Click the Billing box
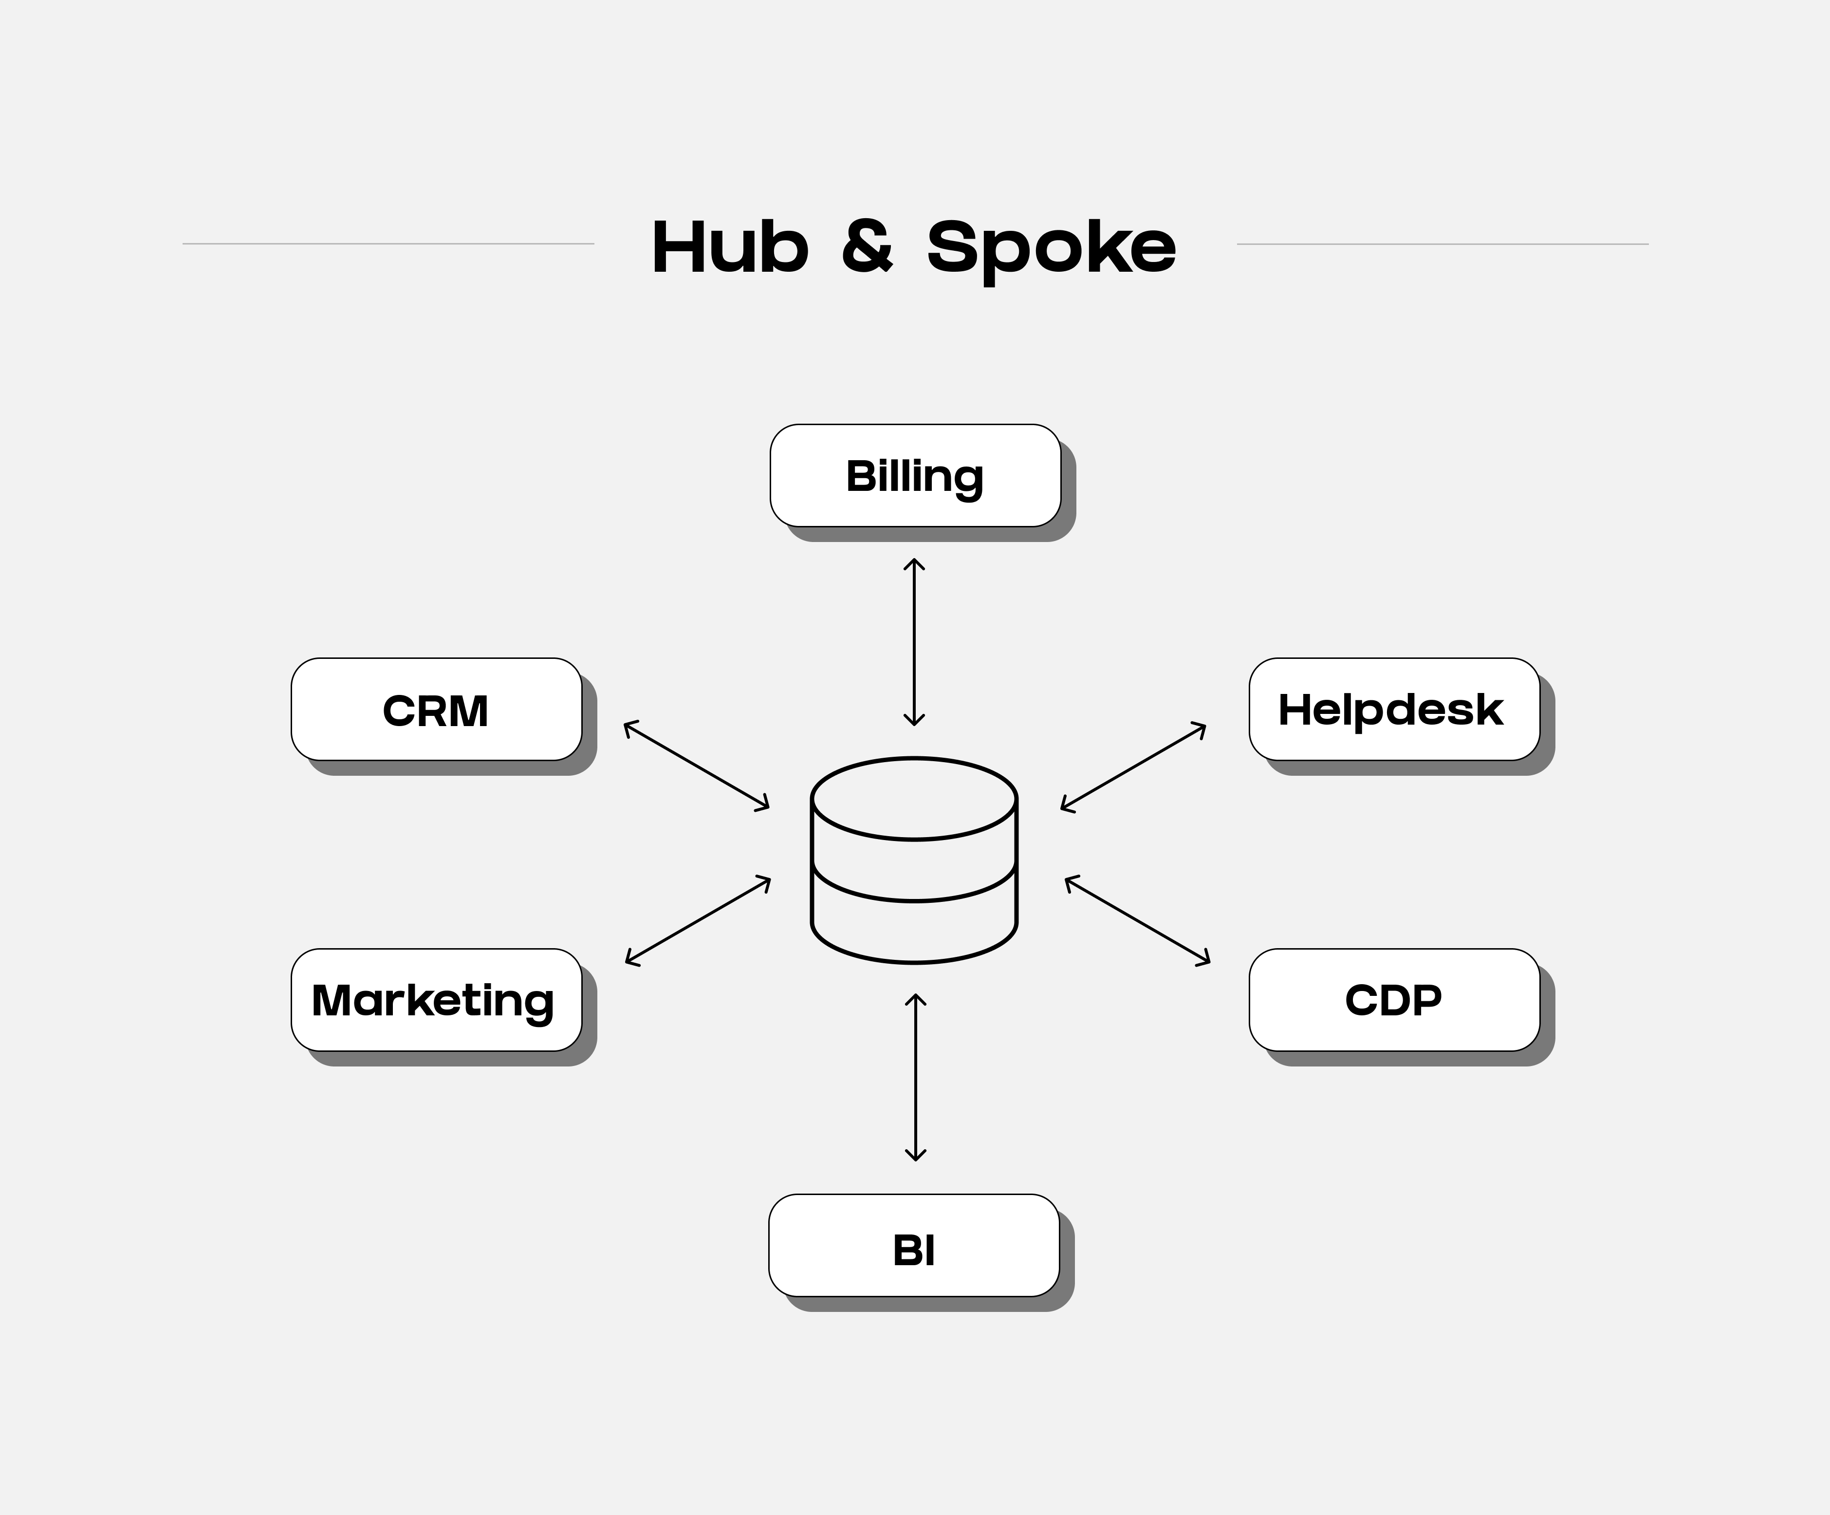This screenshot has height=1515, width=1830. coord(915,476)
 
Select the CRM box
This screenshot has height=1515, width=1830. coord(436,710)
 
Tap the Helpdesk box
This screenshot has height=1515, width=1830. coord(1393,710)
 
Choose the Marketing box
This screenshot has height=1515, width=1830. coord(436,1000)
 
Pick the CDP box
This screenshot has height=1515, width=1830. coord(1393,1000)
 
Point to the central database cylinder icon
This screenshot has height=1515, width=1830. coord(914,860)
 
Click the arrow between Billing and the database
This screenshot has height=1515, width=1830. coord(914,642)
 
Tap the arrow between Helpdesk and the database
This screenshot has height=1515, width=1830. coord(1133,767)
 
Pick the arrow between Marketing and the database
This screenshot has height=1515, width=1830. coord(698,920)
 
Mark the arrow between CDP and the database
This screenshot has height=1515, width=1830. coord(1137,920)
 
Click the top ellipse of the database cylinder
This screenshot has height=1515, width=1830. coord(914,799)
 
